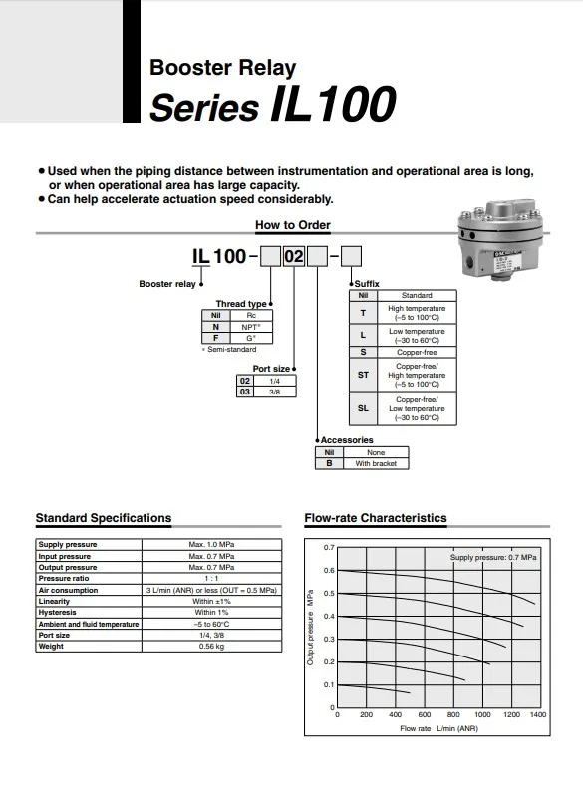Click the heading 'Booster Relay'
pos(222,68)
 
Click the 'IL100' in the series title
pos(332,105)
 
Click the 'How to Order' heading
pos(292,225)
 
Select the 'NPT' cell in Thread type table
pos(250,326)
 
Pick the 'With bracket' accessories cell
pos(375,463)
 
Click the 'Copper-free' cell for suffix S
pos(416,352)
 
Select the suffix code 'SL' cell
pos(363,408)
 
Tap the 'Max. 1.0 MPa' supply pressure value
pos(211,545)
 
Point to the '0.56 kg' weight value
pos(211,646)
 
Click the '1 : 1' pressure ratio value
pos(211,578)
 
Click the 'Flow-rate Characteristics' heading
pos(375,518)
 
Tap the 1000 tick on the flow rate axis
pos(482,715)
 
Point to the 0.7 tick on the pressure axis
pos(329,548)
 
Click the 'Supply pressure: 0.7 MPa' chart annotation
pos(493,557)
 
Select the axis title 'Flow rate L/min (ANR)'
pos(438,729)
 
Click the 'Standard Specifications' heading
pos(103,518)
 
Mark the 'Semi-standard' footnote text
pos(232,349)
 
